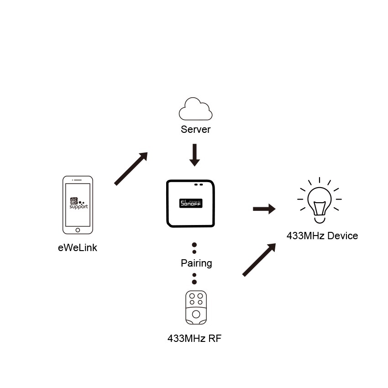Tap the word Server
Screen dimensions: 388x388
pos(195,130)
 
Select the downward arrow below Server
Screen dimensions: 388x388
pos(195,155)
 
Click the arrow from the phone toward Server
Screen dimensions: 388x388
pos(131,169)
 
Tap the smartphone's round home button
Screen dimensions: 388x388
pos(78,230)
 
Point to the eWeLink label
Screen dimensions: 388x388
pos(78,248)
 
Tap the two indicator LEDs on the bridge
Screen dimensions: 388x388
pos(198,185)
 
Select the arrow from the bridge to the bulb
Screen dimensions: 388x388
pos(264,209)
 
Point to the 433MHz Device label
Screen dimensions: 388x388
pos(322,236)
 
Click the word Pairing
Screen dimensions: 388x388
pos(196,263)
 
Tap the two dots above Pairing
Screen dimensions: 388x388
pos(194,248)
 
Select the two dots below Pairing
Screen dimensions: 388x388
pos(194,278)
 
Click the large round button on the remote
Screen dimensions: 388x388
pos(196,314)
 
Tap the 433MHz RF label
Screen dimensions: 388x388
pos(194,339)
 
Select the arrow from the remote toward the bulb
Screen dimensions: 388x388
pos(259,260)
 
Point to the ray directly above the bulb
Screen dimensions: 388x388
pos(320,180)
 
